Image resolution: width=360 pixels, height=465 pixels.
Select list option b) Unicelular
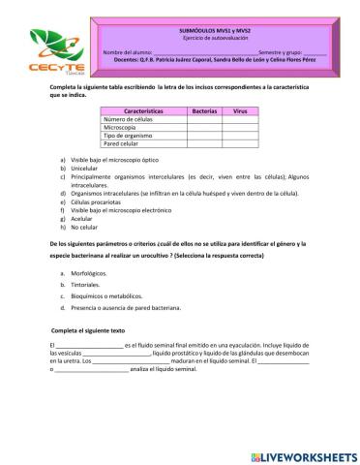(89, 167)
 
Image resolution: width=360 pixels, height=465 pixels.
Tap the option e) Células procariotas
(98, 201)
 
